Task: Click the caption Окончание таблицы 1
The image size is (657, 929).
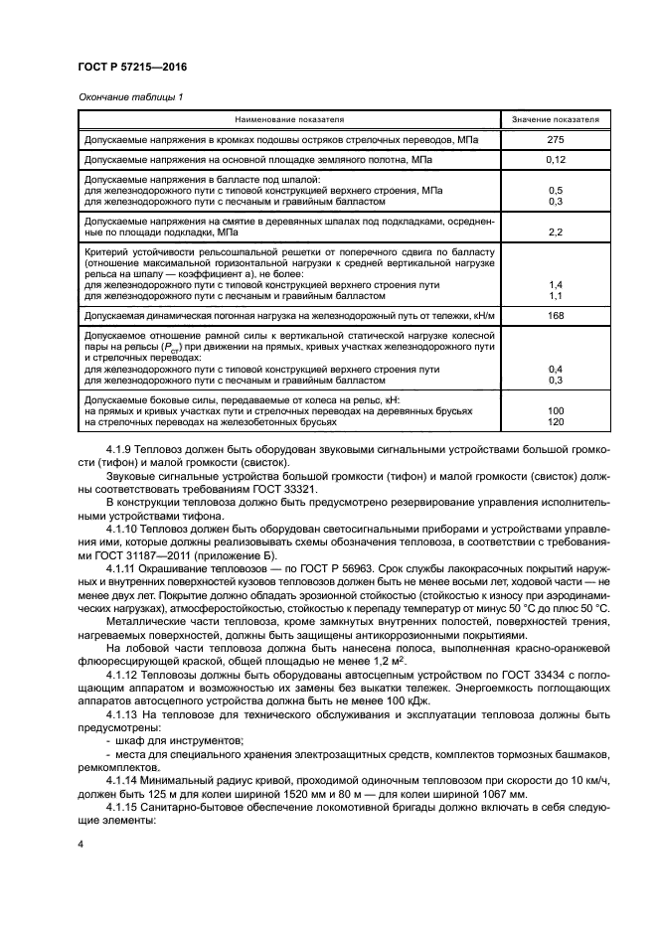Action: click(x=129, y=96)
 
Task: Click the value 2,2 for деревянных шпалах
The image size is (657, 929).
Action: click(x=556, y=231)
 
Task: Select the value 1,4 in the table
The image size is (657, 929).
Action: click(x=556, y=285)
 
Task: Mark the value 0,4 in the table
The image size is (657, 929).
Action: click(x=556, y=369)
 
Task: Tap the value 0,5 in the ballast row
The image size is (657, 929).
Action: click(x=556, y=189)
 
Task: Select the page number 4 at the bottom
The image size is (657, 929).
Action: click(x=81, y=843)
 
